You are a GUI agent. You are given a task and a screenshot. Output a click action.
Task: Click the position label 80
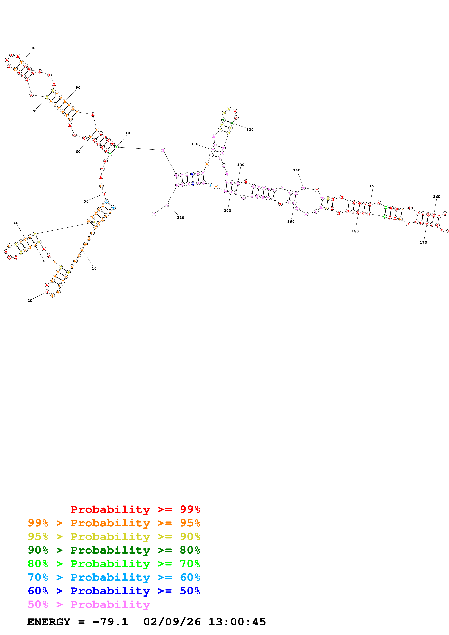coord(34,48)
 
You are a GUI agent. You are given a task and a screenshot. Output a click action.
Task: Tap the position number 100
coord(129,133)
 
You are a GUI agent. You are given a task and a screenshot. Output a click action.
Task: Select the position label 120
coord(250,129)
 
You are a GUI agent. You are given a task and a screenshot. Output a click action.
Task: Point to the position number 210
coord(180,218)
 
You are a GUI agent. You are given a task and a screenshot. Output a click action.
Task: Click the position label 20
coord(30,301)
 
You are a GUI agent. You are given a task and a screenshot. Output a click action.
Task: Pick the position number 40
coord(16,223)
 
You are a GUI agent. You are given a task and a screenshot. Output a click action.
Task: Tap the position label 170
coord(423,243)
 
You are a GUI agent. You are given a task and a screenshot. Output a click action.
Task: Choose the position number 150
coord(373,186)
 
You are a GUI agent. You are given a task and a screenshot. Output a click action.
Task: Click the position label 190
coord(291,222)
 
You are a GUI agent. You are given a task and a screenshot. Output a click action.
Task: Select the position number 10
coord(94,268)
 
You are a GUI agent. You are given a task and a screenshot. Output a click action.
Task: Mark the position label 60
coord(78,152)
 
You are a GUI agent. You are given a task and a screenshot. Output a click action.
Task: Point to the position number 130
coord(240,165)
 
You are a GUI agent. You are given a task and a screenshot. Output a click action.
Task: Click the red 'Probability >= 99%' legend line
coord(135,509)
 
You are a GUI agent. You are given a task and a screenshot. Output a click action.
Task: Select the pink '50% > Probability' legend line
coord(89,604)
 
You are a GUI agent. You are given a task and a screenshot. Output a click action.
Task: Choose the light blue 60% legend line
coord(114,577)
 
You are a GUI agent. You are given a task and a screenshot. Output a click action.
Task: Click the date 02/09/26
coord(172,622)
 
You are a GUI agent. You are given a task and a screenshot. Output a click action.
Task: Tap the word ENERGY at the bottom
coord(49,622)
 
